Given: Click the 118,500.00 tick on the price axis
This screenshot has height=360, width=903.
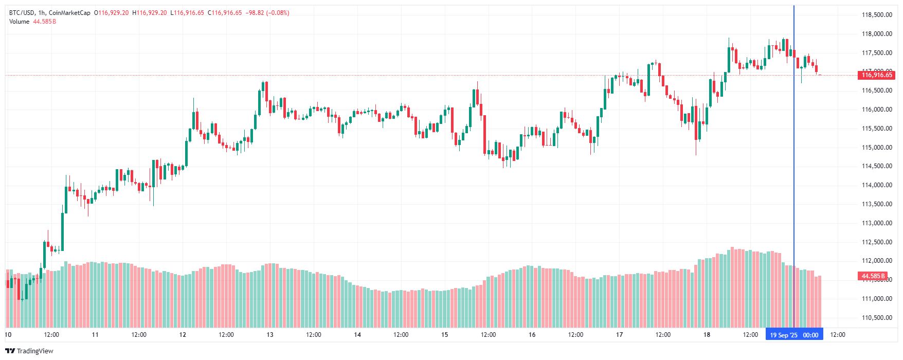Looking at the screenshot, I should click(877, 15).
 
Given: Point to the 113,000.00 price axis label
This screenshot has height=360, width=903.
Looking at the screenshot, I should click(877, 223).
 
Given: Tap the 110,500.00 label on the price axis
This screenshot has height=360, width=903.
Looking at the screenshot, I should click(877, 318).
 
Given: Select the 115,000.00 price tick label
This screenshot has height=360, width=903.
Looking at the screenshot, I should click(877, 148).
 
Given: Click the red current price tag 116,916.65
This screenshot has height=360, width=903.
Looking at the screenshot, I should click(877, 75).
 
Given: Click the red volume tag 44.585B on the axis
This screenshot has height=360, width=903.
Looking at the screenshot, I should click(873, 276).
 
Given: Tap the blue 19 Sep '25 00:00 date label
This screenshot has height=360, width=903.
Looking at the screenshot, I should click(794, 335).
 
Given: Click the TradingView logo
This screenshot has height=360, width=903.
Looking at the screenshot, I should click(29, 351).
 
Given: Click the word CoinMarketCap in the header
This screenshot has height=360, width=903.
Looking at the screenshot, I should click(69, 13).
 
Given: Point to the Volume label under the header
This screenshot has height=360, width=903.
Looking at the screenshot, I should click(19, 22).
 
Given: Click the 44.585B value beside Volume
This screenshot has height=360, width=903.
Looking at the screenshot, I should click(44, 22).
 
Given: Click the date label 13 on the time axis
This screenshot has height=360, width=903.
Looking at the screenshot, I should click(270, 335).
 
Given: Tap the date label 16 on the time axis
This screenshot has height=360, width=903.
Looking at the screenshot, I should click(532, 335).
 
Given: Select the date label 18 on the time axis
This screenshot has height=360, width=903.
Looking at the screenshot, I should click(707, 335).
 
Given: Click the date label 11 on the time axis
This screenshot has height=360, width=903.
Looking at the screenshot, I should click(95, 335).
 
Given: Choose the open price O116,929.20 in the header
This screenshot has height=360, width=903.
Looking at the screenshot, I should click(111, 13).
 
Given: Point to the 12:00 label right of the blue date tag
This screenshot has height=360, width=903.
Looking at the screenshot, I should click(838, 335).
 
